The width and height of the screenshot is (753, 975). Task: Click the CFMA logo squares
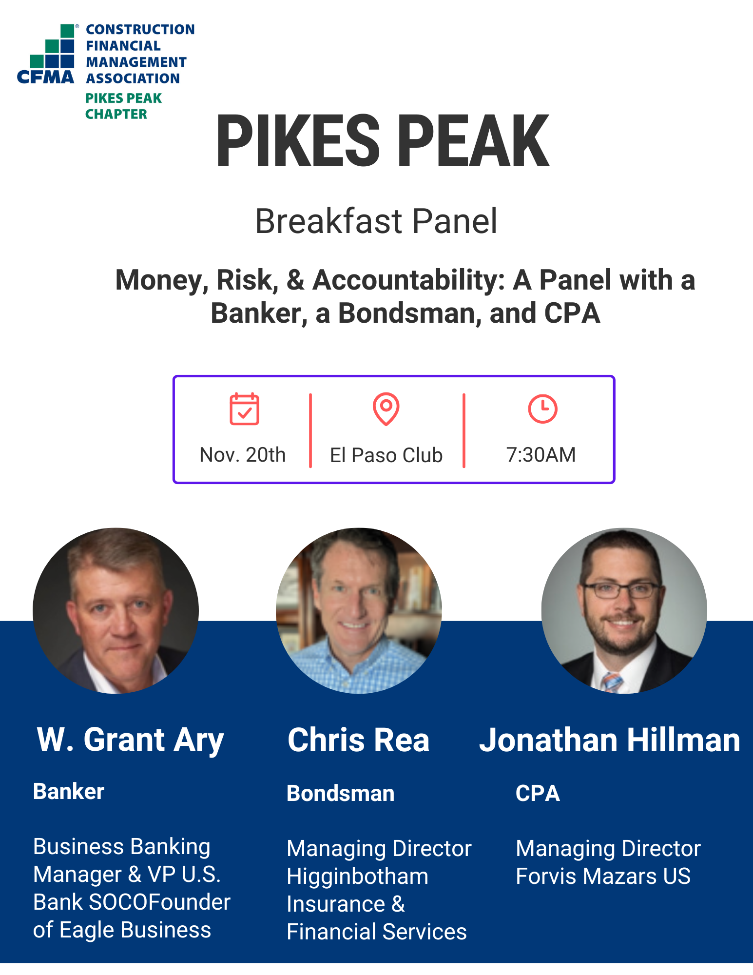tap(53, 46)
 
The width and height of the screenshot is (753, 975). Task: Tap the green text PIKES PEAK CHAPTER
tap(123, 106)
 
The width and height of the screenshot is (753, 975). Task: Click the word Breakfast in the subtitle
tap(328, 221)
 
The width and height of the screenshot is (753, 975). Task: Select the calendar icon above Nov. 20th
tap(244, 409)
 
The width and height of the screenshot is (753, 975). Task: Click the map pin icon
tap(386, 409)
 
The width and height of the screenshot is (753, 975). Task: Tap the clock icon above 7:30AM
tap(542, 409)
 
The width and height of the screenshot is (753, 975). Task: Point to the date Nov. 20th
tap(242, 455)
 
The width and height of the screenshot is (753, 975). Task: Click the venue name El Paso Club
tap(386, 455)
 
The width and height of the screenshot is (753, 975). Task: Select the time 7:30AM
tap(541, 455)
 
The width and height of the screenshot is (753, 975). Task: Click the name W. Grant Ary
tap(131, 741)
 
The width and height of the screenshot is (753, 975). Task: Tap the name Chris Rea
tap(358, 740)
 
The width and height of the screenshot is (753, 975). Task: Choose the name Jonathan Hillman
tap(610, 740)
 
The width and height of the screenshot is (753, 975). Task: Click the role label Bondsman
tap(340, 793)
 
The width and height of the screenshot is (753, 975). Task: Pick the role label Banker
tap(69, 791)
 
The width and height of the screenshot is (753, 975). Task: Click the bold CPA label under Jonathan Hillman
tap(538, 793)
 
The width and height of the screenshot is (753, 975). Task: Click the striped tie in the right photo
tap(612, 682)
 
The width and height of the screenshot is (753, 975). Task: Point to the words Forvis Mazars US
tap(603, 877)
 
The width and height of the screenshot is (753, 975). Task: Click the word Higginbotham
tap(358, 877)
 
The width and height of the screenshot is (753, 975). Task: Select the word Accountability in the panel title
tap(408, 280)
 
